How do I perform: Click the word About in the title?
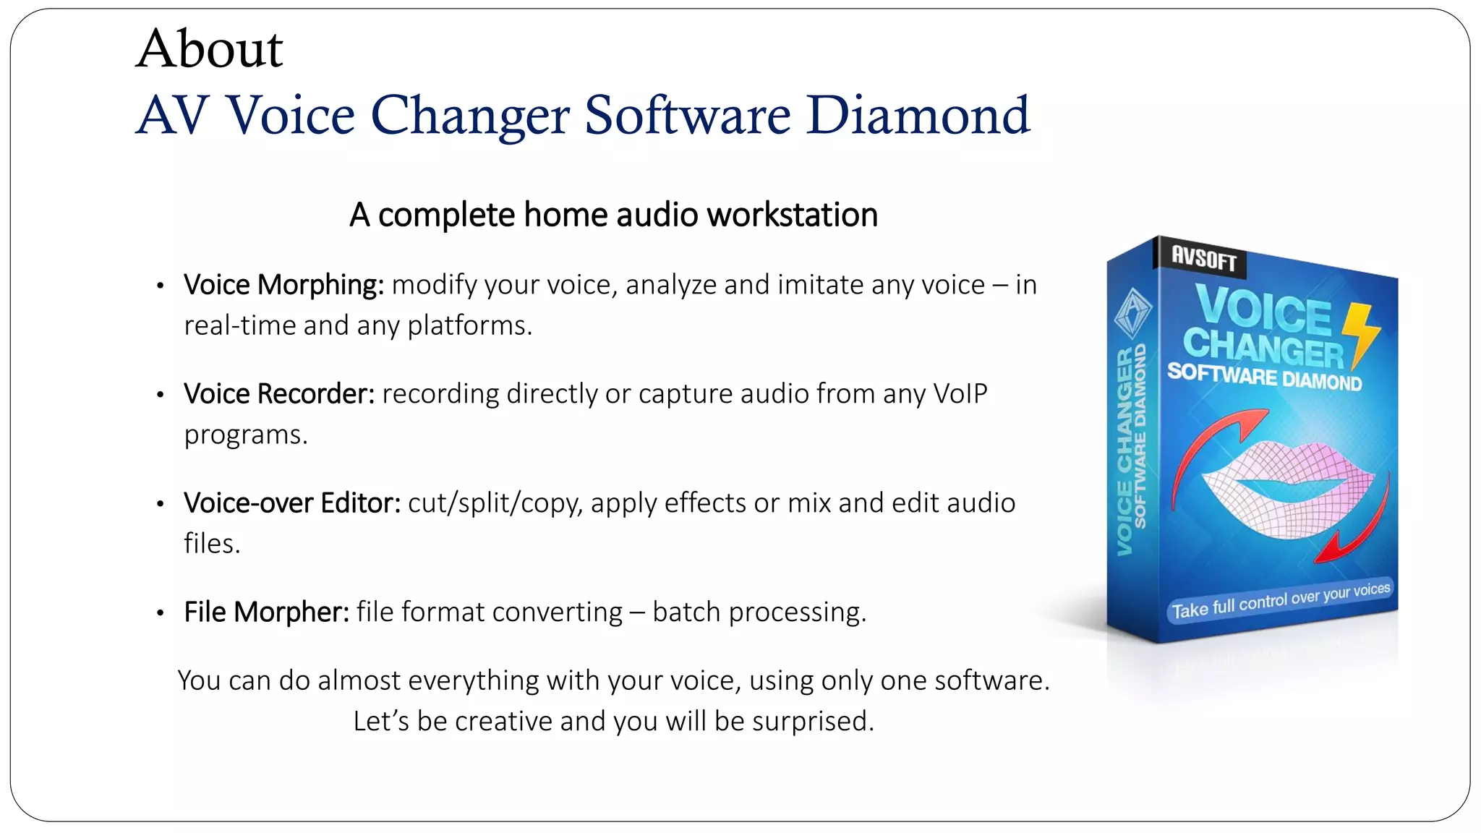pos(209,49)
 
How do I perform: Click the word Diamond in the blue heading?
pos(918,115)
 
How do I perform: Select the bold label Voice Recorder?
pos(279,394)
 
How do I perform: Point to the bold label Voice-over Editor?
pos(292,503)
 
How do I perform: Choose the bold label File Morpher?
pos(266,612)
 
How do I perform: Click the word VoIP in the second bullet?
pos(960,394)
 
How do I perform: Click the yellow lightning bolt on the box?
pos(1360,333)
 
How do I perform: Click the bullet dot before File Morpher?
pos(161,613)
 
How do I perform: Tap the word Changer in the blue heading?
pos(470,115)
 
